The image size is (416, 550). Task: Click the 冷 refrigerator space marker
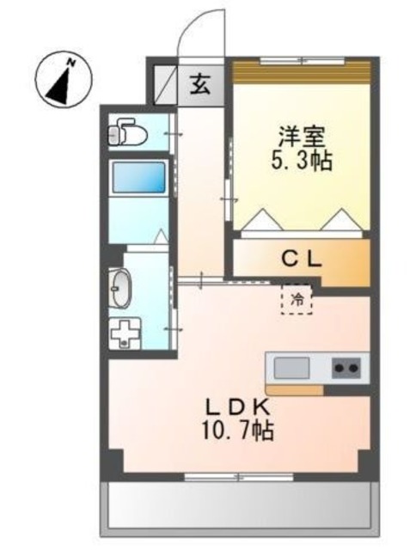pyautogui.click(x=297, y=301)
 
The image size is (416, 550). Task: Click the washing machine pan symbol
pyautogui.click(x=125, y=333)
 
